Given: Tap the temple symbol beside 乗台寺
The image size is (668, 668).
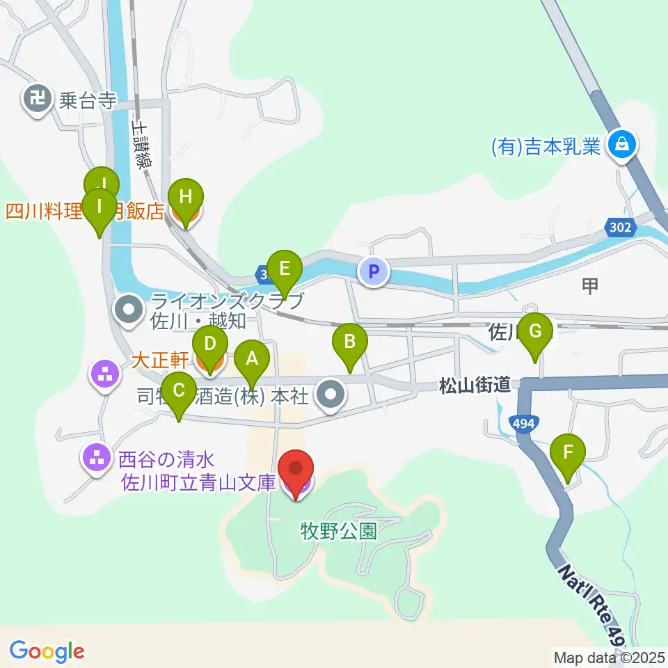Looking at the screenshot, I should [x=36, y=100].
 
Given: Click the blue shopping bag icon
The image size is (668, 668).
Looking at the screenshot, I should [x=617, y=145].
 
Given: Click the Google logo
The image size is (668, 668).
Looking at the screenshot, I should [x=47, y=651].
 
